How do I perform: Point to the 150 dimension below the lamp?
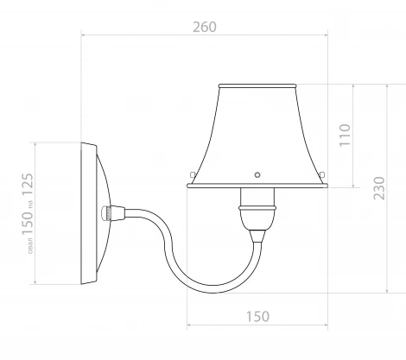257,316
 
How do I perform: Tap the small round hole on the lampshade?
256,172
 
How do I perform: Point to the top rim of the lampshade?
257,85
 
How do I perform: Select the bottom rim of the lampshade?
257,185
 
